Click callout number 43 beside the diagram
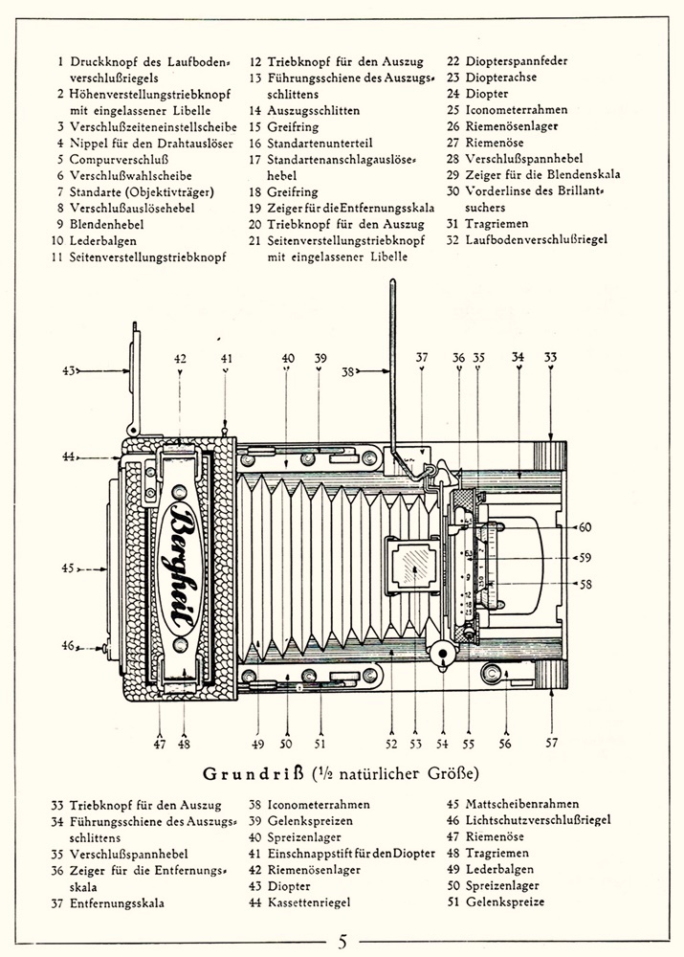coord(68,369)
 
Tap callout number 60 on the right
coord(585,526)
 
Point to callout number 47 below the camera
coord(160,743)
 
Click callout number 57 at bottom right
coord(551,743)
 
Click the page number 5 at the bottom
coord(342,942)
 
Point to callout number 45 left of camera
coord(68,568)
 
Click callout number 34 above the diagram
coord(518,358)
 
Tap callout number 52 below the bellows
coord(392,743)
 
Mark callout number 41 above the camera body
coord(226,359)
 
